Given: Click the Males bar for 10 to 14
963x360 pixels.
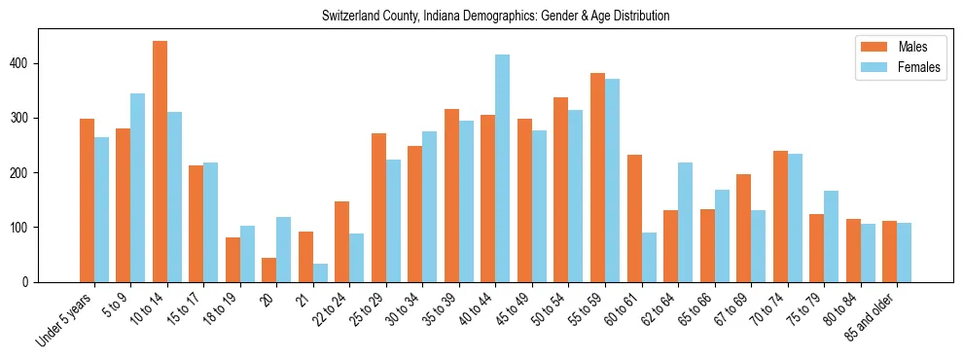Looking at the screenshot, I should (x=160, y=162).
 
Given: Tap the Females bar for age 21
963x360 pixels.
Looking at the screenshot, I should (x=320, y=272).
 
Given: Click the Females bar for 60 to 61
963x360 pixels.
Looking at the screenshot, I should (x=649, y=257).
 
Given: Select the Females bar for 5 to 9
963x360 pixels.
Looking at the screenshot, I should (x=138, y=188).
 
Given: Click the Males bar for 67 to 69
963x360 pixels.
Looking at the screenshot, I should (x=743, y=228).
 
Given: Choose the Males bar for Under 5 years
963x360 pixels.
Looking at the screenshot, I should (x=87, y=200).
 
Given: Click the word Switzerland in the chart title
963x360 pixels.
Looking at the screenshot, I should (x=349, y=17).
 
